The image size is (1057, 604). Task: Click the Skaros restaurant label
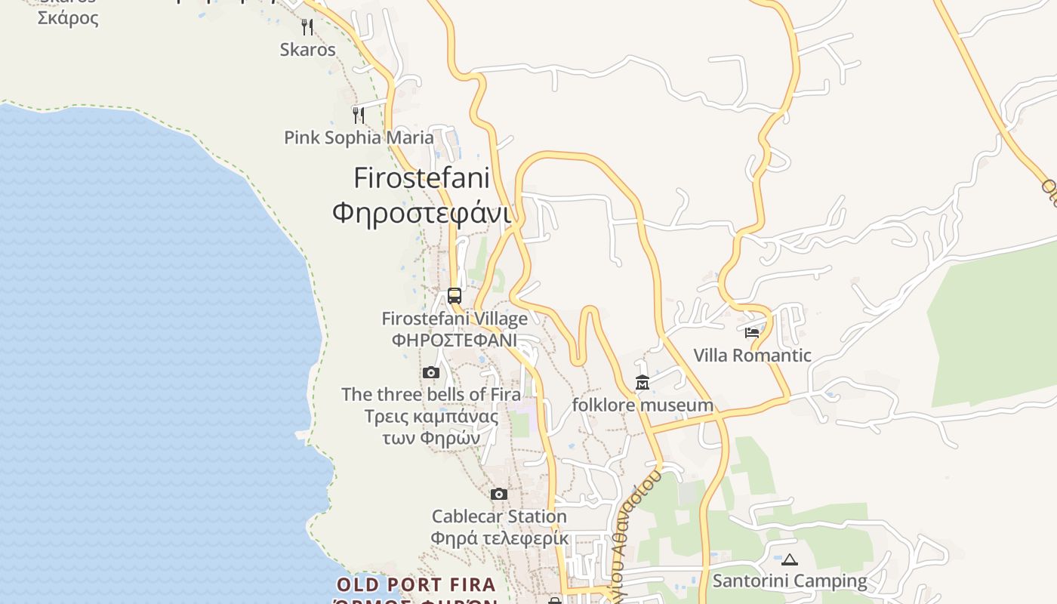point(307,50)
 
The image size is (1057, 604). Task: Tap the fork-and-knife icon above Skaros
point(307,27)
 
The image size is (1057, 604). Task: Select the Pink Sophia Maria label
point(359,137)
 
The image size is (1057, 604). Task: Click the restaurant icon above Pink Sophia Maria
point(359,115)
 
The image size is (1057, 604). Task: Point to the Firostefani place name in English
point(421,178)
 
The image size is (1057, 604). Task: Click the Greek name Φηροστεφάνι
point(421,213)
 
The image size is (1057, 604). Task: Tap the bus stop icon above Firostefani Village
point(455,296)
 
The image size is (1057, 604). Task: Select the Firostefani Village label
point(455,319)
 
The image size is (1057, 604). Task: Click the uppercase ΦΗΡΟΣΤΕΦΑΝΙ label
point(455,340)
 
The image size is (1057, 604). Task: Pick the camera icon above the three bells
point(431,372)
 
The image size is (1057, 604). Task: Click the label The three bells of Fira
point(431,394)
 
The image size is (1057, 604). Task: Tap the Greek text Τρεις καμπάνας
point(431,416)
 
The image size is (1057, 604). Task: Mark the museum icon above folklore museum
point(643,383)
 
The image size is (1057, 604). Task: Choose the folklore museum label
point(643,405)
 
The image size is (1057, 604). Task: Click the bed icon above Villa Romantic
point(752,332)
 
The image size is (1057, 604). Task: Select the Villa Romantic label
point(752,355)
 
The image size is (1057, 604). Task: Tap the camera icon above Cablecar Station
point(499,494)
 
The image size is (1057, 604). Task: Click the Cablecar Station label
point(499,516)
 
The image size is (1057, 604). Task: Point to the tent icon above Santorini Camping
point(790,559)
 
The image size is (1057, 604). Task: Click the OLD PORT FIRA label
point(416,584)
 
